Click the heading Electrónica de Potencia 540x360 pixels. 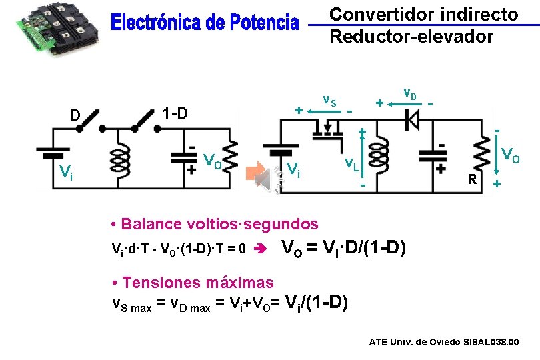click(205, 23)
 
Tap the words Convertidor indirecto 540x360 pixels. click(424, 14)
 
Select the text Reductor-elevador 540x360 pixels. click(411, 36)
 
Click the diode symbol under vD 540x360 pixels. click(411, 119)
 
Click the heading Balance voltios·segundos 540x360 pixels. click(215, 223)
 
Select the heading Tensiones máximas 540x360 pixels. click(193, 282)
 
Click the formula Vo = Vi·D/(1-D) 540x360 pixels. click(344, 249)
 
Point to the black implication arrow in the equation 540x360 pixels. click(261, 250)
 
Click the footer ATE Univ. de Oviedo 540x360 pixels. click(443, 342)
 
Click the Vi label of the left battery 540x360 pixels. click(65, 175)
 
